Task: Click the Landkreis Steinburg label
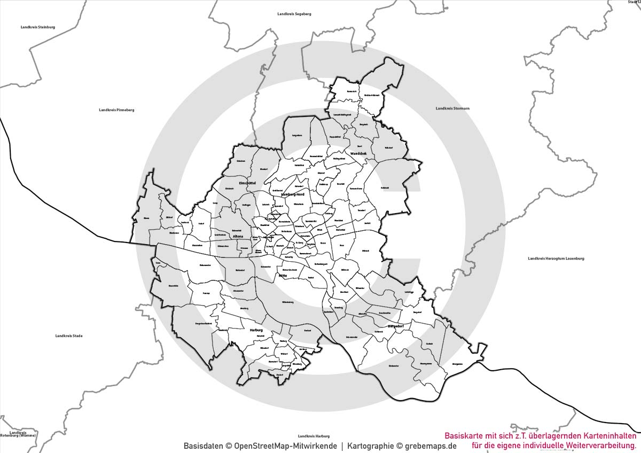tap(38, 27)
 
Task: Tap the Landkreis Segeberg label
tap(294, 13)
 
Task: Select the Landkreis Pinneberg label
tap(116, 110)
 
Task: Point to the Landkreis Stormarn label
tap(452, 108)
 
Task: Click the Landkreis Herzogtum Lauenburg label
tap(556, 259)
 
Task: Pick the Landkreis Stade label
tap(69, 336)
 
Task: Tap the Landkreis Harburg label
tap(314, 436)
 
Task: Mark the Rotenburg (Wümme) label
tap(18, 435)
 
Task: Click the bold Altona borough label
tap(238, 237)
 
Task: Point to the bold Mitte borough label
tap(283, 276)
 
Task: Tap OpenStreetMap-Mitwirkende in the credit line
tap(285, 446)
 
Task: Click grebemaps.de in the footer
tap(431, 446)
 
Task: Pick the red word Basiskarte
tap(463, 436)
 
